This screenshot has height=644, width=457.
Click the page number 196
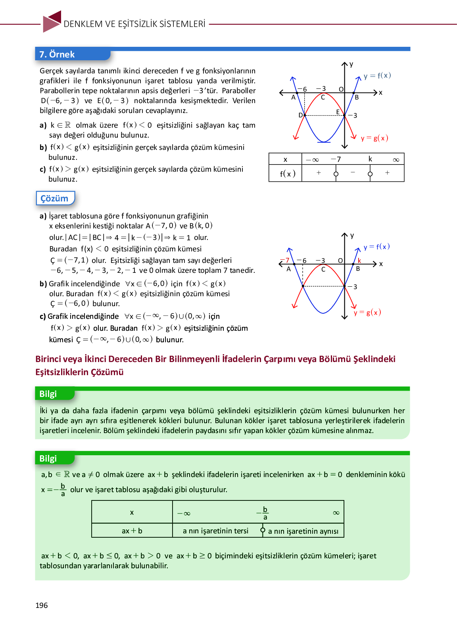41,605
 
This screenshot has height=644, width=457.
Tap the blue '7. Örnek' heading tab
57,54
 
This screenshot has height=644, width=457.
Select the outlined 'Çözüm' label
54,198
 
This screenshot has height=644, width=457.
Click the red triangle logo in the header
52,22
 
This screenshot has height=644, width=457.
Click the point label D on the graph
300,115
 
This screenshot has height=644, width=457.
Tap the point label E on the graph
338,112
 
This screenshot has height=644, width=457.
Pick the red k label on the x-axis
359,261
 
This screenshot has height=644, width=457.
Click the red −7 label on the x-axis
285,261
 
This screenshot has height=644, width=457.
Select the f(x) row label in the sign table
287,174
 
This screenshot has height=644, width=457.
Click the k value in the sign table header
370,159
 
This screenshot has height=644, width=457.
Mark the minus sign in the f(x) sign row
353,173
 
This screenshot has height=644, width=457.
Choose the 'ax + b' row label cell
132,531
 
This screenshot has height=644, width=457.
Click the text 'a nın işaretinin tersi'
215,531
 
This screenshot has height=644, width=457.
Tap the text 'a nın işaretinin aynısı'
303,531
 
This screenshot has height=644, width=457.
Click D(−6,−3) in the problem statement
60,101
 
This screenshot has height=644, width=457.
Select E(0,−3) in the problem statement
113,101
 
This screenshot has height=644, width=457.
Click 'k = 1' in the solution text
182,238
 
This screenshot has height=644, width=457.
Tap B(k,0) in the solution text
201,226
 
